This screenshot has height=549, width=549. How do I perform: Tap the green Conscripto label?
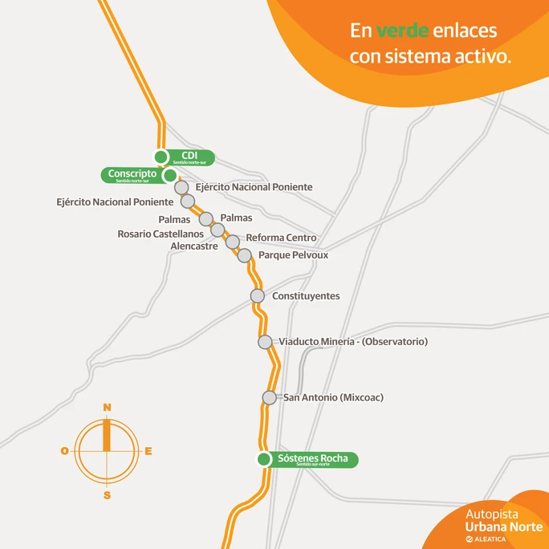(x=132, y=174)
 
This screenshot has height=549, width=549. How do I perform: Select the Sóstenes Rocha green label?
(x=313, y=460)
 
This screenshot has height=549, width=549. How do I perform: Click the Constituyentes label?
(x=306, y=296)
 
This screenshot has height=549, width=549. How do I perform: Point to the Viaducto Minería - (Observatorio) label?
(x=353, y=342)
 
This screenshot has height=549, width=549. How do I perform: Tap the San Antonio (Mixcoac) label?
(x=332, y=397)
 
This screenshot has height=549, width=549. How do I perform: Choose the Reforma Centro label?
(x=281, y=238)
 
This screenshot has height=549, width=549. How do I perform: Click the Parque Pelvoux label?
(x=293, y=255)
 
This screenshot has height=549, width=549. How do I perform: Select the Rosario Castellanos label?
(x=161, y=234)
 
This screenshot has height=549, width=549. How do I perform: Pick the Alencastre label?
(x=194, y=246)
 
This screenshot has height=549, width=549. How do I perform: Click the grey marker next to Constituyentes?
(x=258, y=296)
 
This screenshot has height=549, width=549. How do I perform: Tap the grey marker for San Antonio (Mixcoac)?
(x=270, y=397)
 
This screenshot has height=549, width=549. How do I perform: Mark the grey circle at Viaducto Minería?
(x=265, y=342)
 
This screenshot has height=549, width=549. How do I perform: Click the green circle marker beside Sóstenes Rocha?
(x=263, y=460)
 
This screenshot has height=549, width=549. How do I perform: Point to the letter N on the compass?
(x=107, y=407)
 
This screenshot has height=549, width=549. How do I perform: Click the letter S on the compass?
(x=107, y=495)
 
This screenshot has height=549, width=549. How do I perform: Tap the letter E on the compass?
(x=148, y=451)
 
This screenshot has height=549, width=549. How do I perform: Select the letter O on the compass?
(x=64, y=451)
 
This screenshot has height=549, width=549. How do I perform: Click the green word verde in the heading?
(x=402, y=31)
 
